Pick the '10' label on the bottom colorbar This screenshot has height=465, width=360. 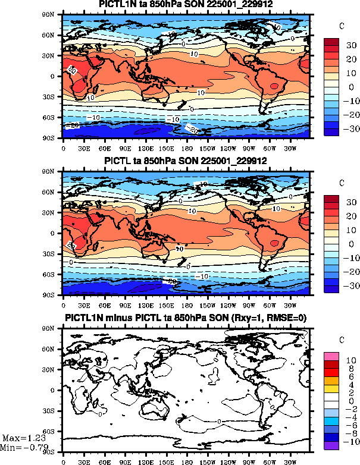351,360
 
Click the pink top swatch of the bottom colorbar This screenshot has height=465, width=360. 331,356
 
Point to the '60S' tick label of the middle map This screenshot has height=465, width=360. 54,274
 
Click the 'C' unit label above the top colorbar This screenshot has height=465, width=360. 341,26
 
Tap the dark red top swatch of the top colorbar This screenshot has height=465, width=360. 331,42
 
